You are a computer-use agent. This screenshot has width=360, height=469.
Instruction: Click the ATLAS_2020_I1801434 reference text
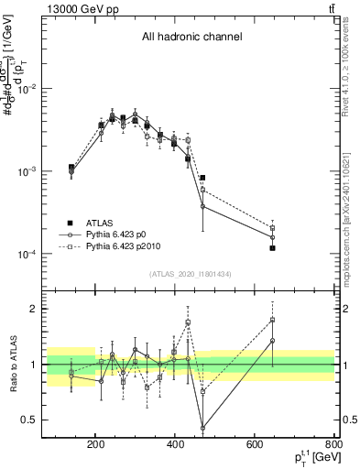[191, 274]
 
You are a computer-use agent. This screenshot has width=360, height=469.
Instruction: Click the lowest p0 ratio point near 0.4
[202, 428]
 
